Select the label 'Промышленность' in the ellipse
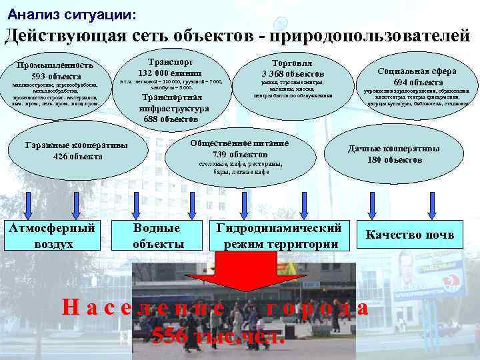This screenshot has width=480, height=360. coord(55,65)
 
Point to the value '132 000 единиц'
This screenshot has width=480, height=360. coord(171,72)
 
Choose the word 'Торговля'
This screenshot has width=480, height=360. coord(293,60)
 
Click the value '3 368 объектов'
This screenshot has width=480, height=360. coord(293,73)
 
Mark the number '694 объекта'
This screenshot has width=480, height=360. coord(417,82)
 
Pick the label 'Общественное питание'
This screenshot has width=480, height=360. coord(239,143)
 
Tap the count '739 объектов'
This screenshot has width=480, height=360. coord(239,154)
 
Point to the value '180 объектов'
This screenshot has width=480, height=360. coord(394,159)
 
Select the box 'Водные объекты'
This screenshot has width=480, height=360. coord(157,235)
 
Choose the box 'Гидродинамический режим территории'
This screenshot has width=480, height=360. coord(280,235)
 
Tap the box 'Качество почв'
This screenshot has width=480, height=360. coord(410,235)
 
